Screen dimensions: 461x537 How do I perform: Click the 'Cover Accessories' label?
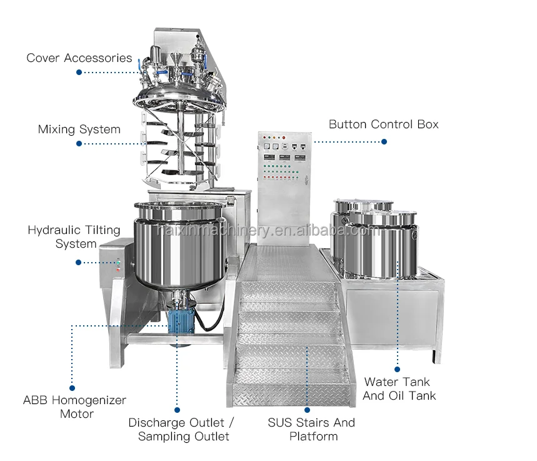[79, 58]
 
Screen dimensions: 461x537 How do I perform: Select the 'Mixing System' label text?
[79, 129]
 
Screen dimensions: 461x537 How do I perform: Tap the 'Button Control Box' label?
[383, 124]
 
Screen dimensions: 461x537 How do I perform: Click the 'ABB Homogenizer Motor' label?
[74, 407]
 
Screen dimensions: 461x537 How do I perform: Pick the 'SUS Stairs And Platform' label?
[311, 429]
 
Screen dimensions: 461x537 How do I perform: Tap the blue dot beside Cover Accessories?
[79, 73]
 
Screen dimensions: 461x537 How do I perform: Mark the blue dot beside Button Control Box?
[384, 142]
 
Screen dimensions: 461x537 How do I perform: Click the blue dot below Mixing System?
[79, 143]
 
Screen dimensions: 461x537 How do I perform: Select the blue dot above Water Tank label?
[398, 370]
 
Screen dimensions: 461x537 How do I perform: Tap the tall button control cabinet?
[284, 181]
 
